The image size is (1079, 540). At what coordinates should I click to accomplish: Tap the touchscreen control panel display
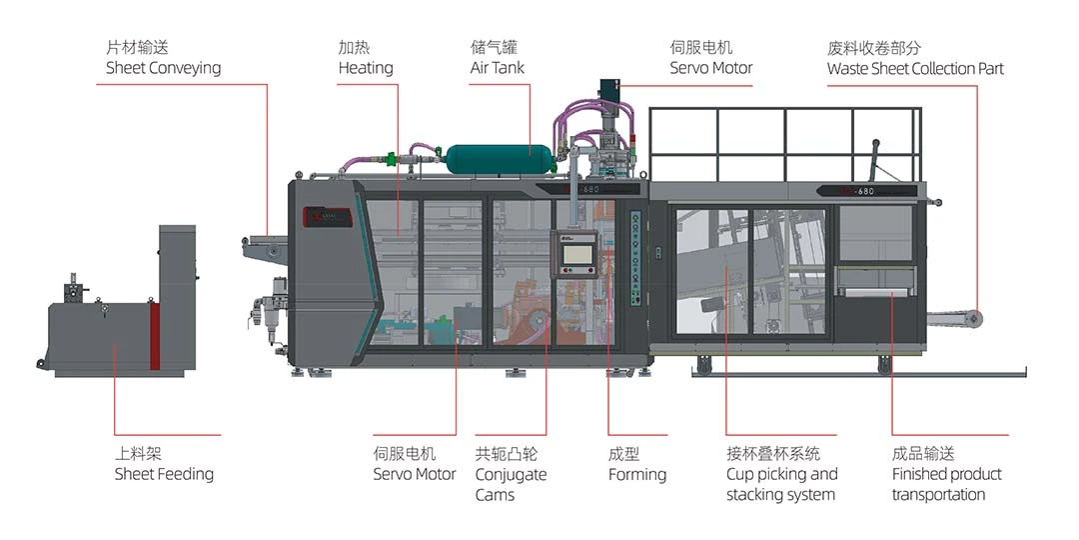click(576, 254)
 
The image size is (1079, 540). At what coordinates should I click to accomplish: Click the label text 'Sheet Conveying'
click(163, 68)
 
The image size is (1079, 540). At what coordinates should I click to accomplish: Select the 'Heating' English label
click(366, 68)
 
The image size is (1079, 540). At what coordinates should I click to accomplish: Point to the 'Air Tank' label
click(498, 68)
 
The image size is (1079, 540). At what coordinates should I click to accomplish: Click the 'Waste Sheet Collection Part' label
click(915, 69)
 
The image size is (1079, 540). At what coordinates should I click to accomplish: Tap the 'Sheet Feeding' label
click(164, 474)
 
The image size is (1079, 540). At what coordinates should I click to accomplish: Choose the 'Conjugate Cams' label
click(511, 484)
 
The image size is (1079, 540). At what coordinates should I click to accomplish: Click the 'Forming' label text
click(637, 474)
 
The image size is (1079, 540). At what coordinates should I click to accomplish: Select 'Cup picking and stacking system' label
click(781, 484)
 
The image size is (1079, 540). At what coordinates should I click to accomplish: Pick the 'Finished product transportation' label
click(946, 484)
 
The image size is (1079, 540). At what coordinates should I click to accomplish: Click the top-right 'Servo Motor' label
click(711, 68)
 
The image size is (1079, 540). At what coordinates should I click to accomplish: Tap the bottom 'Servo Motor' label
click(415, 474)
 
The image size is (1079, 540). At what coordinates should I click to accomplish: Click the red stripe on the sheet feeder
click(155, 335)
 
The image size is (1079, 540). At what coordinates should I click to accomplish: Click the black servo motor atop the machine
click(610, 95)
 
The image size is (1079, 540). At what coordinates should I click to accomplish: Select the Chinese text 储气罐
click(495, 47)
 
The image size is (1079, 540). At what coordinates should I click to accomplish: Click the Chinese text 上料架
click(138, 454)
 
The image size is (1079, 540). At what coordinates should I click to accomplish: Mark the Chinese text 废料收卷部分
click(874, 47)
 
